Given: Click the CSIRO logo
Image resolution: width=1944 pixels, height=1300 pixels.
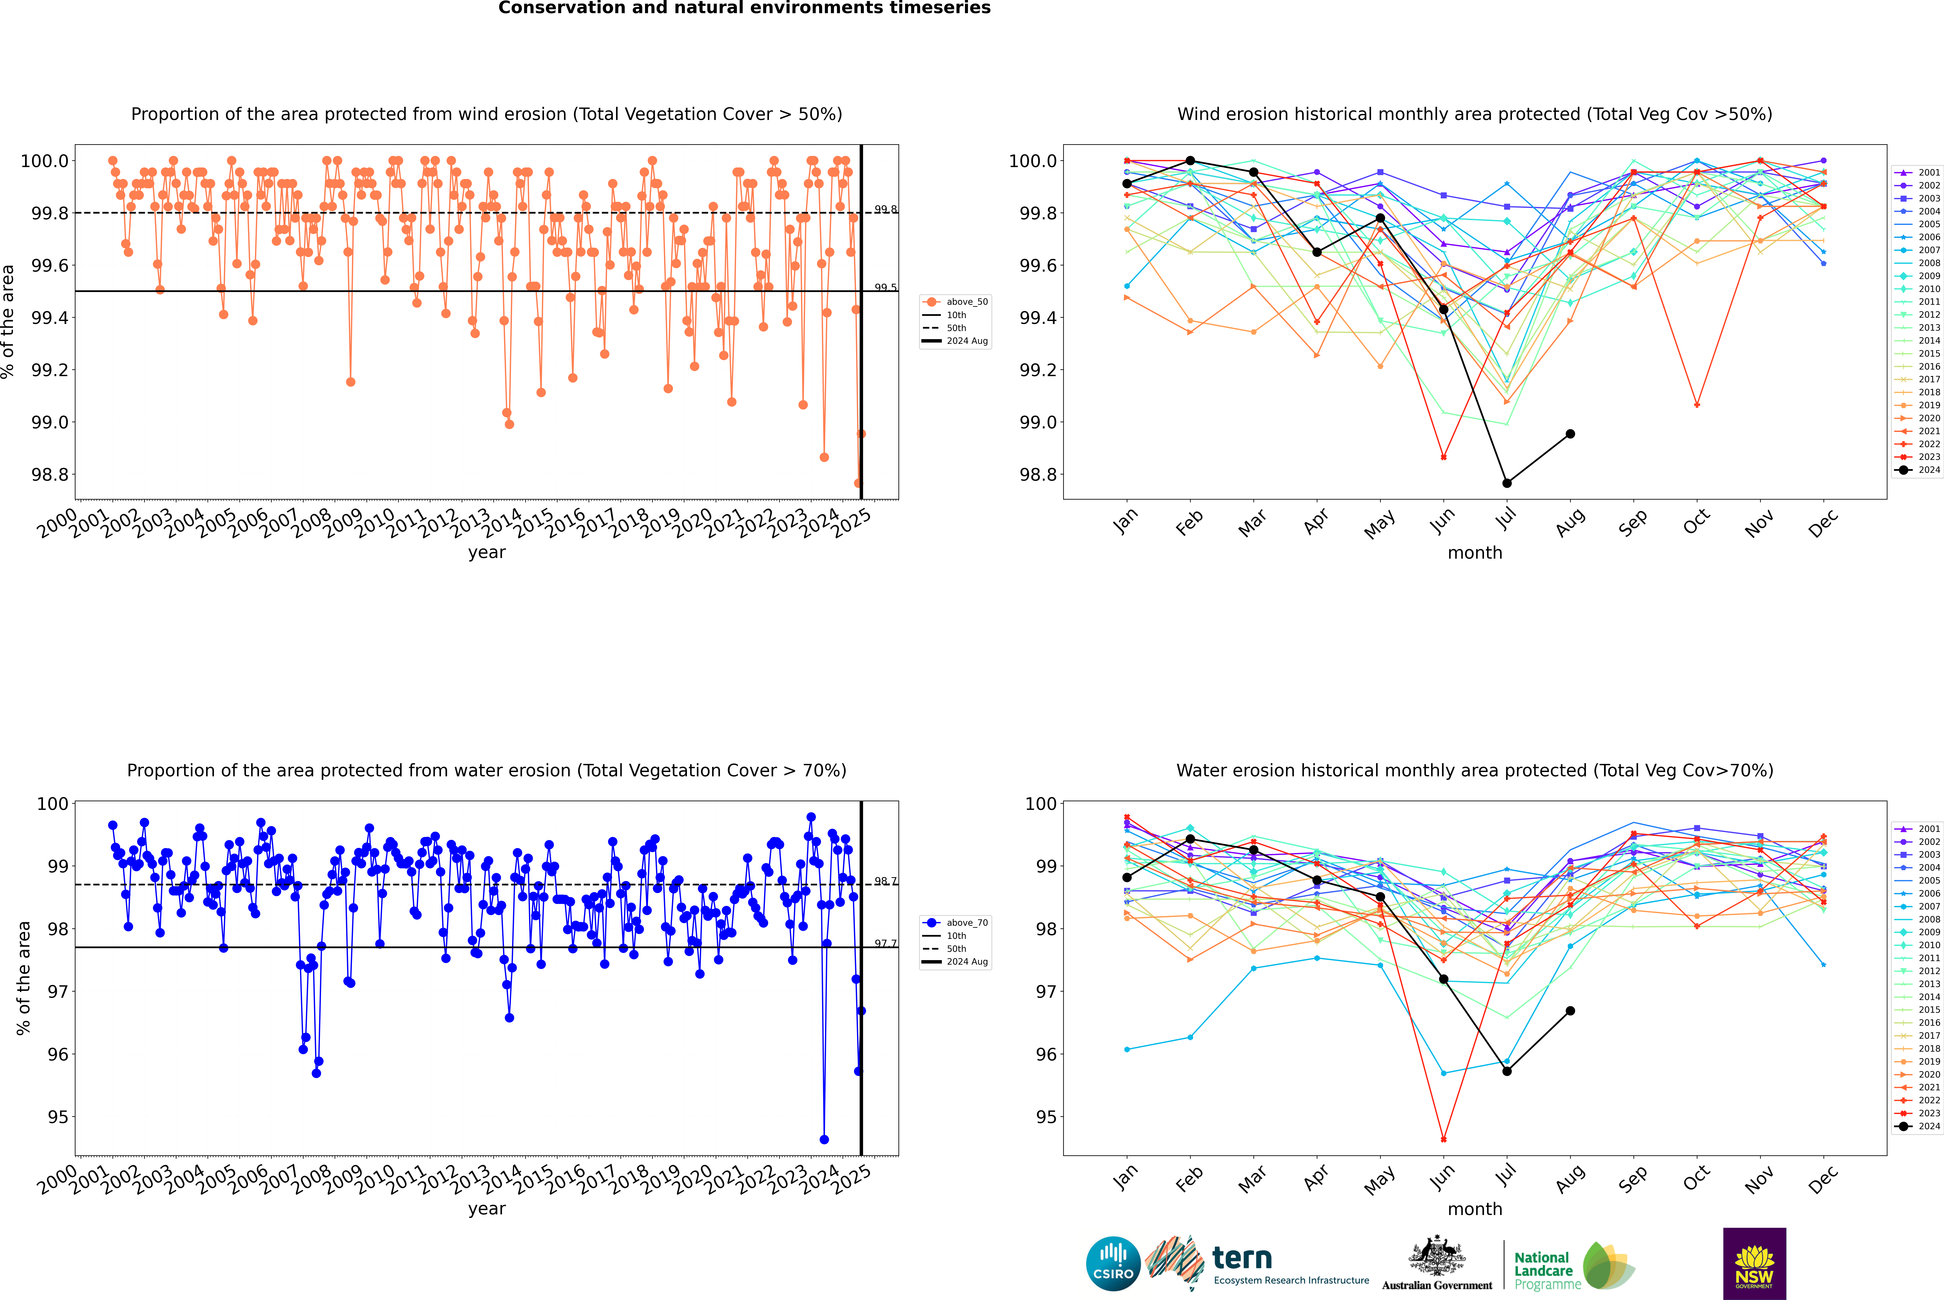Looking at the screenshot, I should coord(1113,1264).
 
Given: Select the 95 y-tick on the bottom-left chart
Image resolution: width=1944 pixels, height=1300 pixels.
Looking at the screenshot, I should coord(58,1117).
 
